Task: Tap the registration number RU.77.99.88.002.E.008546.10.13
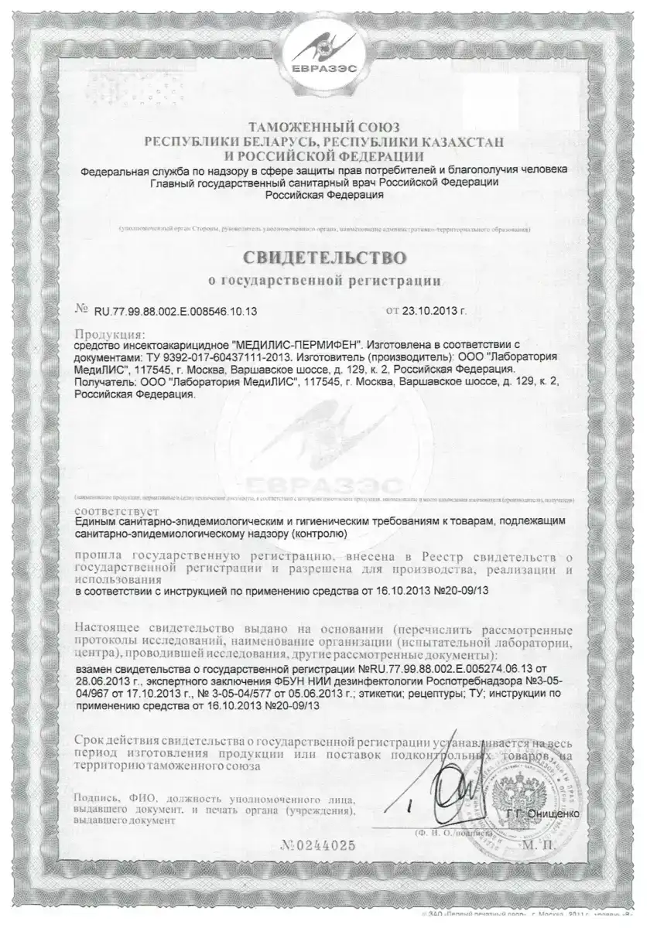(x=176, y=311)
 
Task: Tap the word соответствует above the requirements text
(x=118, y=512)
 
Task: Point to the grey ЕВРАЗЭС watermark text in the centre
(x=328, y=486)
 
